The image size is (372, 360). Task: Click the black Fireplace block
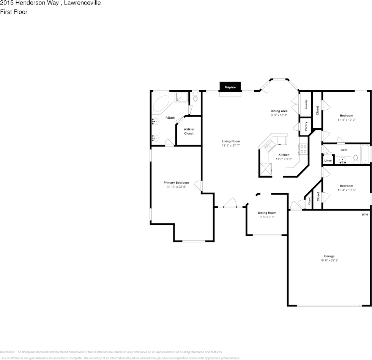[230, 87]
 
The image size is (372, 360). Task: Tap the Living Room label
[231, 141]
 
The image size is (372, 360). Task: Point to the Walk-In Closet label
[189, 131]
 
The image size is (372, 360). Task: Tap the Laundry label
[306, 104]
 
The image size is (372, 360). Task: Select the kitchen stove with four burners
[303, 149]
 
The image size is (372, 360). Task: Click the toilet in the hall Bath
[356, 159]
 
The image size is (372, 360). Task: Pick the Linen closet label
[328, 161]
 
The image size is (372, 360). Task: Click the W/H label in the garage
[364, 215]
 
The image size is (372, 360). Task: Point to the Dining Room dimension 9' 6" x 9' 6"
[267, 217]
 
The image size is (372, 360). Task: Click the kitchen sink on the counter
[271, 145]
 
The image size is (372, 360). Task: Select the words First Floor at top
[14, 12]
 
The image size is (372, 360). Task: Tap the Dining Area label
[279, 111]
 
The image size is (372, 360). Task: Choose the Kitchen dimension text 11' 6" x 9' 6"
[284, 159]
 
